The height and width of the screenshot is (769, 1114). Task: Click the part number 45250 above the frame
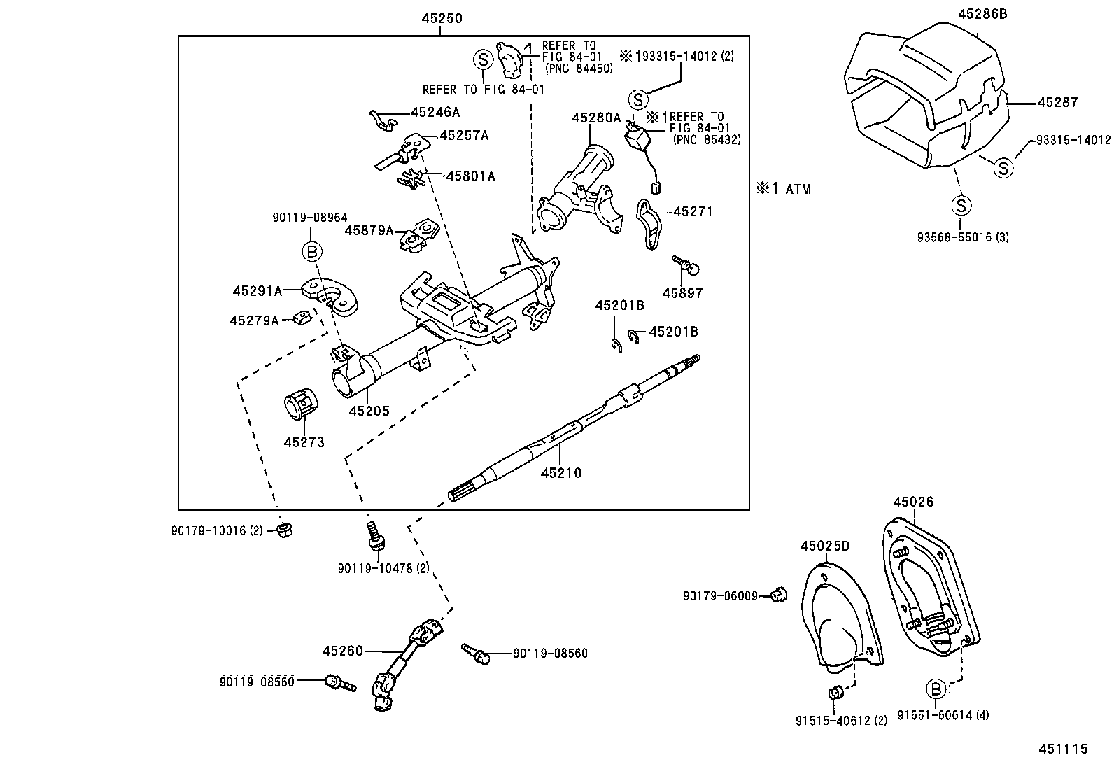(442, 19)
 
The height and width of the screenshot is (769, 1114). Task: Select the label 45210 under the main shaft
(560, 473)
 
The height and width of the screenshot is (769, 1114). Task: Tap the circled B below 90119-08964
(311, 251)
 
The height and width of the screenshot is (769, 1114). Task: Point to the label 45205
(369, 411)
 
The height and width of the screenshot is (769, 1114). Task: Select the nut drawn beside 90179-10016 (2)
(284, 530)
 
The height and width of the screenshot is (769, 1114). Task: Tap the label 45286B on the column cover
(982, 13)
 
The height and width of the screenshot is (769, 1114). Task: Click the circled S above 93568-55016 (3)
(961, 205)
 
